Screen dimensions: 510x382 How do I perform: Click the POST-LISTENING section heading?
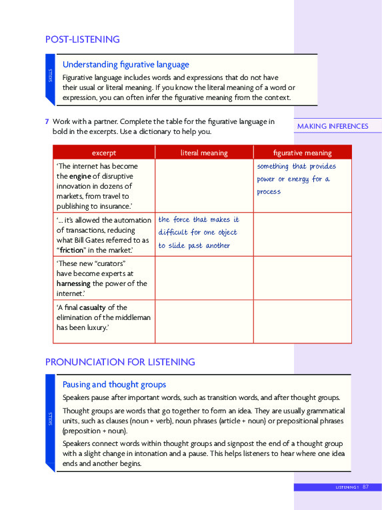(82, 39)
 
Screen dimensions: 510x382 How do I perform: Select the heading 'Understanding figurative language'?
(125, 65)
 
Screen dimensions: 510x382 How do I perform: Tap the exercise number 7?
(47, 122)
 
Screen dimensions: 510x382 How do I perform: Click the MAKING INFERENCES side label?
(332, 126)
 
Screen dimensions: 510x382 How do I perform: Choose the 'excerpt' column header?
(103, 153)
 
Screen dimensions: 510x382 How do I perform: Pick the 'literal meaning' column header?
(204, 153)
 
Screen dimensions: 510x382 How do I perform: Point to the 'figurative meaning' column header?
(302, 153)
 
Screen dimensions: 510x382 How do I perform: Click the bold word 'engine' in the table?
(80, 176)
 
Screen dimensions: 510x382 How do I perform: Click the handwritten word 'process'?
(269, 192)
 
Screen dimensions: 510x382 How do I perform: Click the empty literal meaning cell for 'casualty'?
(204, 321)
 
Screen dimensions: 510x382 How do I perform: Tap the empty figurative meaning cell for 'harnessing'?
(302, 278)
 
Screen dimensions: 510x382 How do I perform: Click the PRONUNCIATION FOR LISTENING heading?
(120, 362)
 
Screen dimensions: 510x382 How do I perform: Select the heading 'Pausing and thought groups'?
(114, 385)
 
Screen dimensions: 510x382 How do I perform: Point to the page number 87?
(366, 487)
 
